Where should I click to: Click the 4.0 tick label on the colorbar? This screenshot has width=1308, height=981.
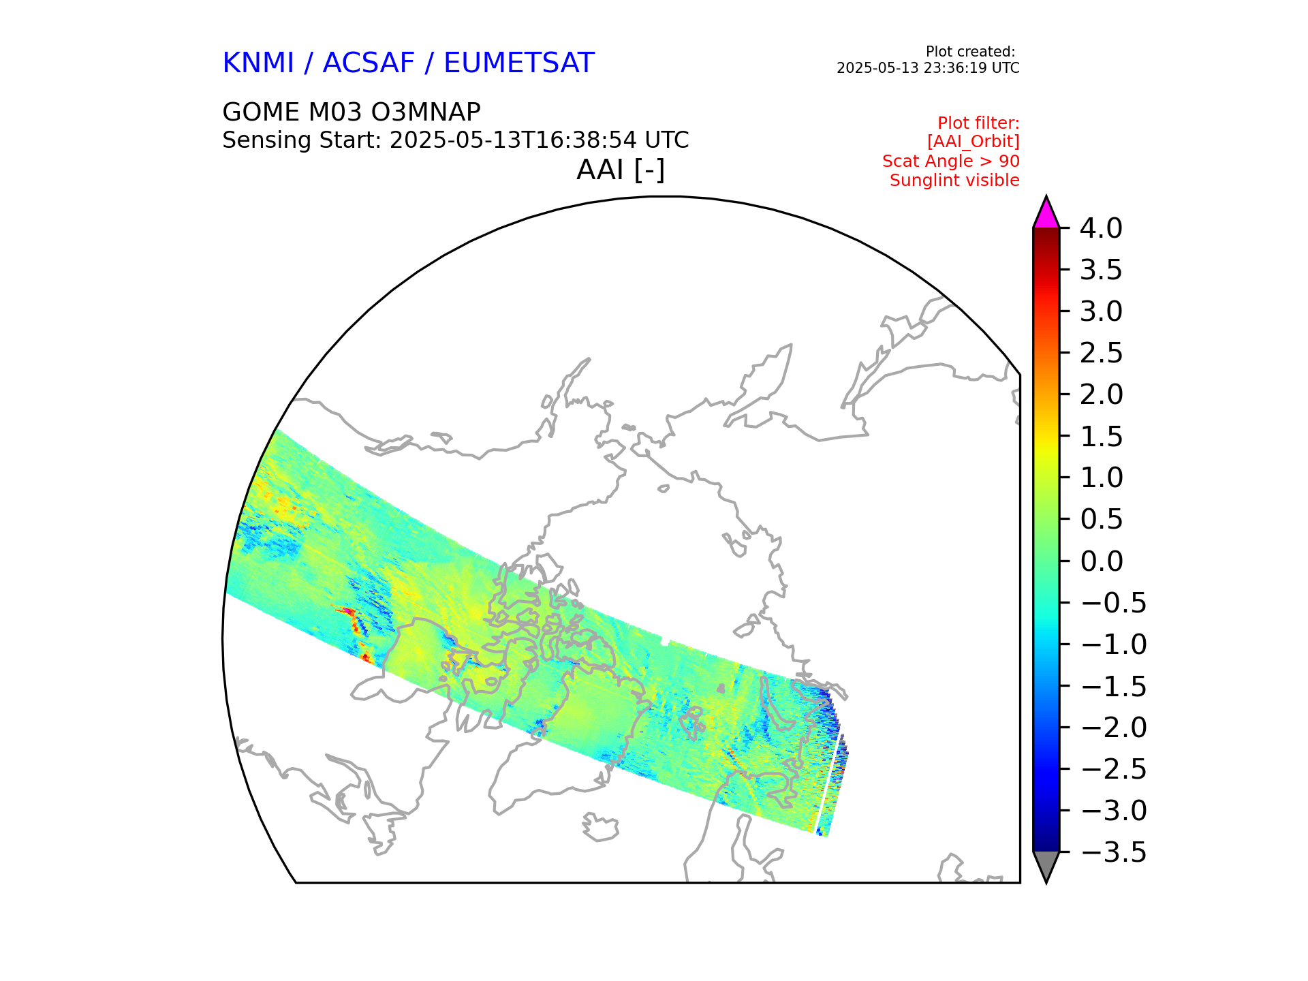tap(1101, 228)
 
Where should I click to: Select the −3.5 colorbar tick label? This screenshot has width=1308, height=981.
tap(1114, 852)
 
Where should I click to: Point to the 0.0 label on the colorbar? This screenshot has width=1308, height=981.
tap(1101, 561)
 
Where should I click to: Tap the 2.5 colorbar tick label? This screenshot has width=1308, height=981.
tap(1101, 353)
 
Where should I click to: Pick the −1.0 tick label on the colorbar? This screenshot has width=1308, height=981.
tap(1114, 644)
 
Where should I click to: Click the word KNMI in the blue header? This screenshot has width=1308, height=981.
tap(258, 63)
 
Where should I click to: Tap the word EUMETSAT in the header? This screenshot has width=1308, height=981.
tap(519, 63)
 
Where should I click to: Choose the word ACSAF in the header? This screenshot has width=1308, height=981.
tap(369, 63)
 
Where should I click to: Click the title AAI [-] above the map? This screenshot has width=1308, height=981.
tap(621, 170)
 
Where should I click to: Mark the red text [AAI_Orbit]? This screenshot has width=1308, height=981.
tap(974, 142)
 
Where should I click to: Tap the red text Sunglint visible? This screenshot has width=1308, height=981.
tap(954, 181)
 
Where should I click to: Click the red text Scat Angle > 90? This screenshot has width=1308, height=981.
tap(951, 161)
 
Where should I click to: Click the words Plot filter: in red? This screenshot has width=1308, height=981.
tap(979, 123)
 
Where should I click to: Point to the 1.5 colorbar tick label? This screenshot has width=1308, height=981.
tap(1101, 437)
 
